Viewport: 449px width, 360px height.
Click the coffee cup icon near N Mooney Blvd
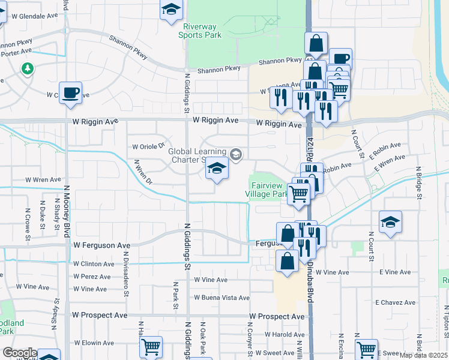click(71, 92)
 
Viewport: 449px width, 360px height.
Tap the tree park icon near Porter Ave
click(27, 68)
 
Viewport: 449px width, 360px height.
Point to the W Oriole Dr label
click(148, 146)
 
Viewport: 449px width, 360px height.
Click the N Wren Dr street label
click(143, 172)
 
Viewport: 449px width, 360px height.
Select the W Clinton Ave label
click(93, 263)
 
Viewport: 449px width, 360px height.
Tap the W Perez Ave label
click(92, 277)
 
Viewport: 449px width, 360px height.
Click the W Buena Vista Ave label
click(221, 298)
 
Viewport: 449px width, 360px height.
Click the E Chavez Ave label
click(396, 302)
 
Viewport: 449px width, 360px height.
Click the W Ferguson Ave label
click(101, 245)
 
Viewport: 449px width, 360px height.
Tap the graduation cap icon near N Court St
click(390, 223)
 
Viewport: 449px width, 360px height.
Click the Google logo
click(20, 353)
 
